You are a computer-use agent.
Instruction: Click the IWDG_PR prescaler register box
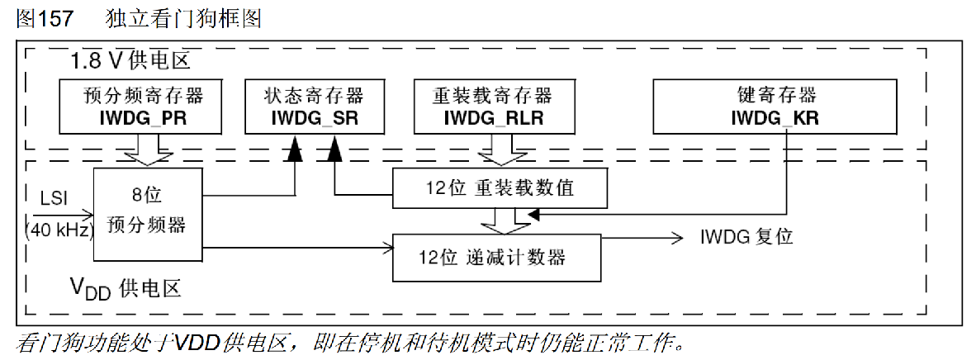click(x=141, y=107)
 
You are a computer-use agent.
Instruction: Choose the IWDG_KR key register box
click(x=775, y=107)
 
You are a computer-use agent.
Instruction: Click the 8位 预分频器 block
click(x=148, y=213)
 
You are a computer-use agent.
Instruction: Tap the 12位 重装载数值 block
click(x=500, y=188)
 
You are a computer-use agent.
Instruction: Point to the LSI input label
click(x=55, y=199)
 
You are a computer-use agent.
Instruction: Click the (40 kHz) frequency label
click(x=60, y=230)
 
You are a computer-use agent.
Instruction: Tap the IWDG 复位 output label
click(x=746, y=237)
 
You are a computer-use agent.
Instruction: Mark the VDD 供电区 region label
click(x=124, y=287)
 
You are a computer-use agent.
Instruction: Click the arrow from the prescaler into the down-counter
click(x=297, y=246)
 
